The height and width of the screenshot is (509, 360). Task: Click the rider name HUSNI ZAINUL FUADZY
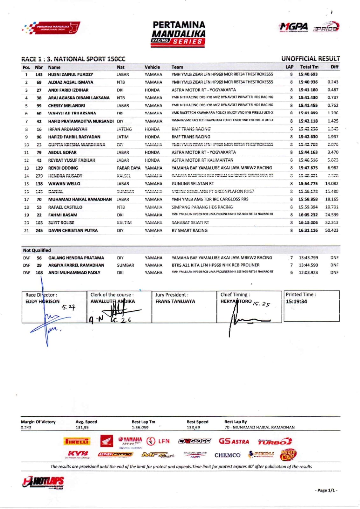tap(70, 74)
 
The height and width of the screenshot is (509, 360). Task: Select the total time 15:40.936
tap(308, 82)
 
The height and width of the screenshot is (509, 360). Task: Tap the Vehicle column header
tap(152, 67)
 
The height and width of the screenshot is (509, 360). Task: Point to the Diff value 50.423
tap(332, 230)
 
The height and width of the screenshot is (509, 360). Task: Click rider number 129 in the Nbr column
tap(39, 168)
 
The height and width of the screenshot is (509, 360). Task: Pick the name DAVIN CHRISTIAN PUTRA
tap(73, 230)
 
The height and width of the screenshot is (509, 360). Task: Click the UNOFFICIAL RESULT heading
tap(310, 59)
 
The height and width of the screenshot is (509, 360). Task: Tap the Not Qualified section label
tap(37, 250)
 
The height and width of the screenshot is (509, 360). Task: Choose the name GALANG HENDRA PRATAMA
tap(76, 258)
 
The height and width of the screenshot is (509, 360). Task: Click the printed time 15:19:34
tap(296, 301)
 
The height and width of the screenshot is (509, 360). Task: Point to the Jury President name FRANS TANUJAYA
tap(175, 301)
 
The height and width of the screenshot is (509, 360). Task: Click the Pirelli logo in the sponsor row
tap(77, 442)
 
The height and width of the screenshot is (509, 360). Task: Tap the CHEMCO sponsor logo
tap(227, 455)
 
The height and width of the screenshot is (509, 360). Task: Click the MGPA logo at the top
tap(293, 27)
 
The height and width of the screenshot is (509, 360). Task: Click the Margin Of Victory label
tap(38, 422)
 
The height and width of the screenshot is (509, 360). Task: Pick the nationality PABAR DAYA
tap(128, 168)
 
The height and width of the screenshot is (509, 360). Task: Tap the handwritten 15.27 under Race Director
tap(68, 308)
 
